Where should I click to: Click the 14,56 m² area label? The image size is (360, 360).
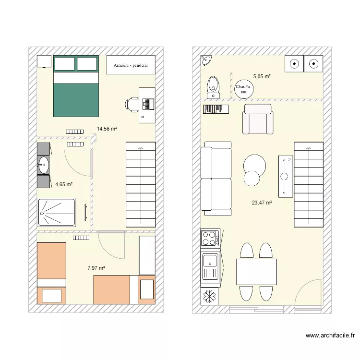[107, 129]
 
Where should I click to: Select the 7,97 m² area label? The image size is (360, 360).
[96, 268]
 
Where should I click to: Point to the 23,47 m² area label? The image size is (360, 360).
[262, 203]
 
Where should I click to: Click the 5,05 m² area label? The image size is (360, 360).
[262, 76]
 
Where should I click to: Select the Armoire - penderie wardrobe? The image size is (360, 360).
[131, 65]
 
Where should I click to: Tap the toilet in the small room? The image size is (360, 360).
[213, 86]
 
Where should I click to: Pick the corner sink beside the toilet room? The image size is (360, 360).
[206, 60]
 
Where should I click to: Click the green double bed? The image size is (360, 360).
[76, 86]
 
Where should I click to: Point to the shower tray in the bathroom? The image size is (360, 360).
[57, 212]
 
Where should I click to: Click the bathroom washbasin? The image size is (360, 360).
[44, 165]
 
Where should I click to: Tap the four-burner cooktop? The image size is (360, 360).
[210, 239]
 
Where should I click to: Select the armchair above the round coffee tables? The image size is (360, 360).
[258, 120]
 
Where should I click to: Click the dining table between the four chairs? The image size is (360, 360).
[256, 272]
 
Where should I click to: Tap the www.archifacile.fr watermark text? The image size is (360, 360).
[330, 336]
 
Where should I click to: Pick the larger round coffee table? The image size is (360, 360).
[254, 164]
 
